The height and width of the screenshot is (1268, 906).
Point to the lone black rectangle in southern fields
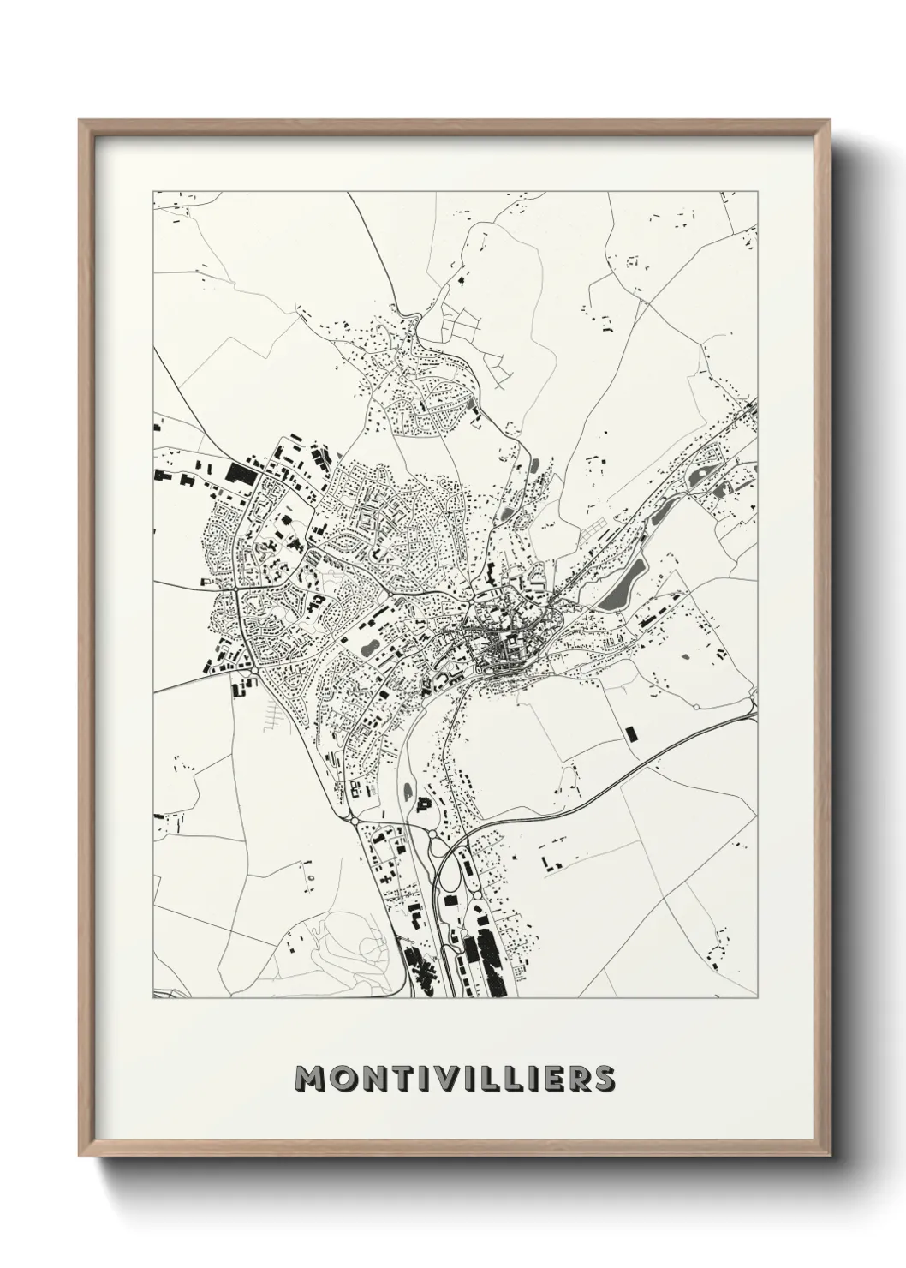coord(632,733)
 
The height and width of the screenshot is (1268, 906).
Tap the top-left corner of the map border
coord(153,191)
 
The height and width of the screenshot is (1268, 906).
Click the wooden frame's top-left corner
coord(80,121)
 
